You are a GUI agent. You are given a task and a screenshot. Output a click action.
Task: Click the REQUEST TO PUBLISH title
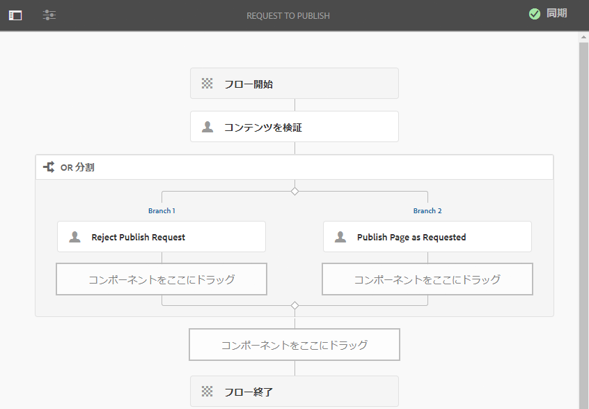288,15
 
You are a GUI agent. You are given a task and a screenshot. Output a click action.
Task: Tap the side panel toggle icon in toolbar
15,15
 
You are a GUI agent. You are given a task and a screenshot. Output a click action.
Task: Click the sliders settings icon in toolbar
49,15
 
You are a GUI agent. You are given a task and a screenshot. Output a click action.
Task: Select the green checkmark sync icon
535,14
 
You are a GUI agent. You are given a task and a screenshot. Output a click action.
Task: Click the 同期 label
556,14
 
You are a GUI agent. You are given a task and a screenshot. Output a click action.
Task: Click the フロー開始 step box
294,84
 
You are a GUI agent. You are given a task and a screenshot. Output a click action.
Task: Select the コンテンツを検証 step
294,127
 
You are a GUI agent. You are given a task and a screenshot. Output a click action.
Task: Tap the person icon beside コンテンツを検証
207,127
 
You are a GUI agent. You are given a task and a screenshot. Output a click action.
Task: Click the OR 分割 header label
77,167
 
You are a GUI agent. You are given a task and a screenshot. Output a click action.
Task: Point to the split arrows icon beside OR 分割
49,167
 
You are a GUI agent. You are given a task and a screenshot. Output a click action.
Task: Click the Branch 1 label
162,210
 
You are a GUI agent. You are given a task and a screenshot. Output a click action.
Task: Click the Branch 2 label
427,210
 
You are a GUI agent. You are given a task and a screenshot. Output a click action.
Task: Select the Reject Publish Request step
162,237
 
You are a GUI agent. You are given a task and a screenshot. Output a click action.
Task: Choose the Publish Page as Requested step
427,237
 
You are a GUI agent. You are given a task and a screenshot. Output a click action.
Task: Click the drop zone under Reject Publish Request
162,279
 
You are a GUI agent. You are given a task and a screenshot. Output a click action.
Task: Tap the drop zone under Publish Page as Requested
427,279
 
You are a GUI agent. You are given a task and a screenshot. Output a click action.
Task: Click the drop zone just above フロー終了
294,345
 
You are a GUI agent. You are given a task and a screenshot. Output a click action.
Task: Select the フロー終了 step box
294,392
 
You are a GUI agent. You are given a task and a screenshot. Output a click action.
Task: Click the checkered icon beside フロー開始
207,84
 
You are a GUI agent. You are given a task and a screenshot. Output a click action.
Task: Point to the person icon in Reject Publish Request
74,237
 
